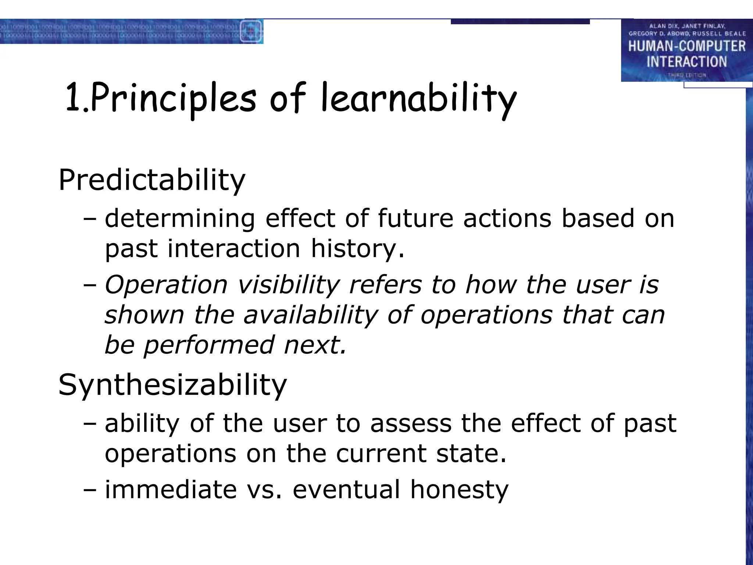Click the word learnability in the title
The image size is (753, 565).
(x=418, y=99)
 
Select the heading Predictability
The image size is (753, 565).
(x=152, y=180)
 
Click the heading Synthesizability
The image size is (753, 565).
(x=172, y=385)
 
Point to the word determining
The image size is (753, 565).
(x=180, y=218)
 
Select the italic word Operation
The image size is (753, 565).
(x=166, y=285)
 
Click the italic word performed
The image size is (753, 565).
(x=209, y=345)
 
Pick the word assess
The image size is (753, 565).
(x=411, y=423)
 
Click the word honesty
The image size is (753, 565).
(x=459, y=490)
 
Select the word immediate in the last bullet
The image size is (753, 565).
(x=171, y=490)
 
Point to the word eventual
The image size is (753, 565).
(x=346, y=490)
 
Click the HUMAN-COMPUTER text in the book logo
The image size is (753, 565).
(x=686, y=46)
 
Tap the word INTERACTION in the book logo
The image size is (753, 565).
(x=686, y=62)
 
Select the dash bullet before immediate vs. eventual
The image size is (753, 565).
(x=89, y=490)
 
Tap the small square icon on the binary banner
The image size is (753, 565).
(x=251, y=31)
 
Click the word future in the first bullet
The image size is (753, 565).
(x=415, y=218)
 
